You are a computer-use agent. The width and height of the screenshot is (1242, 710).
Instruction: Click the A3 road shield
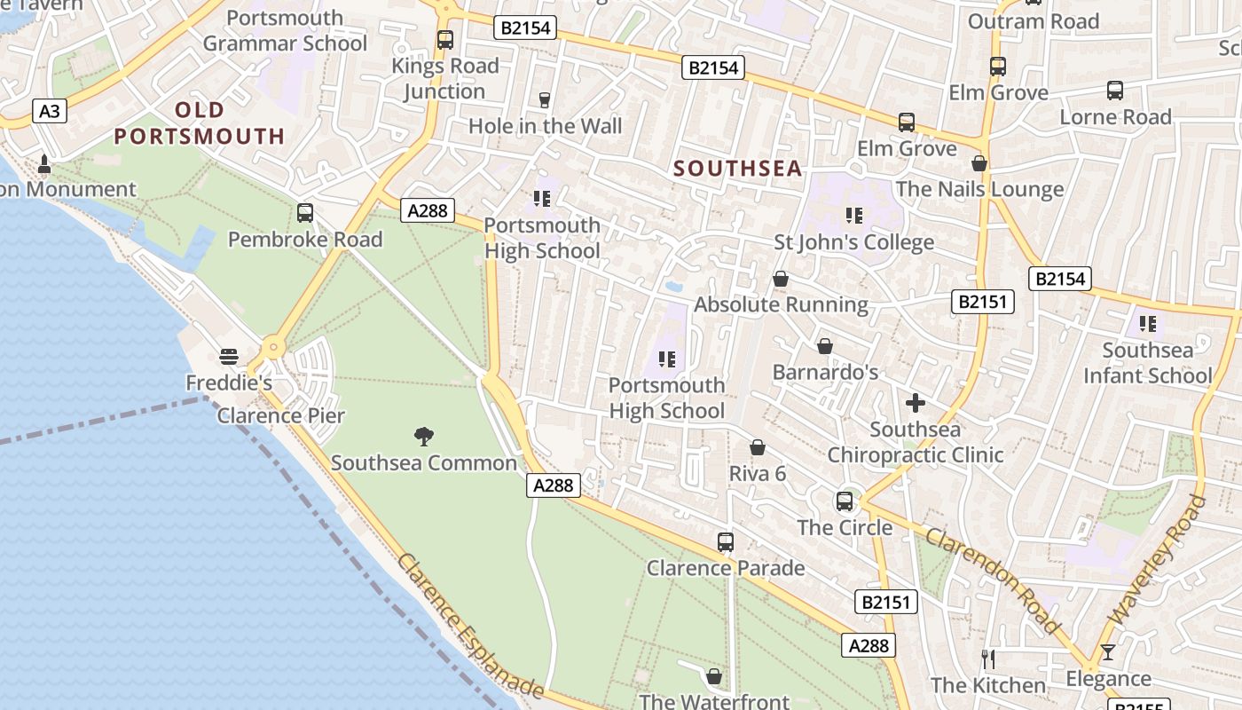51,111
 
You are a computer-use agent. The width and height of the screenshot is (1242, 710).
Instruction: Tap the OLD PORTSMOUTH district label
200,123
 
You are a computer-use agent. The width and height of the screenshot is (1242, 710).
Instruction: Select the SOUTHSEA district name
737,168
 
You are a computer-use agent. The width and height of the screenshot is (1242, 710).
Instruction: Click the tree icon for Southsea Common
424,436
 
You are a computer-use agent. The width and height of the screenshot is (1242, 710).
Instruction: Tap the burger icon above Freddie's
229,357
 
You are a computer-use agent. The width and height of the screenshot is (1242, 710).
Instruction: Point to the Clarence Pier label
281,415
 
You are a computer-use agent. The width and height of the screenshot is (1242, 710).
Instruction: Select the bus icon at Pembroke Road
305,213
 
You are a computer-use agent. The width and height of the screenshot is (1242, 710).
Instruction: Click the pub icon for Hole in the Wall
545,100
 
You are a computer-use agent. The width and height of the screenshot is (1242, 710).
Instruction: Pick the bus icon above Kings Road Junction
445,40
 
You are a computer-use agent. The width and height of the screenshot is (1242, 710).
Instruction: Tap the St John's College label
853,242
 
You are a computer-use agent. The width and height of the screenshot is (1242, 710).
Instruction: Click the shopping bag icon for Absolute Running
781,280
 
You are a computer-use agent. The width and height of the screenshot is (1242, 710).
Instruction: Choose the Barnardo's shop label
825,372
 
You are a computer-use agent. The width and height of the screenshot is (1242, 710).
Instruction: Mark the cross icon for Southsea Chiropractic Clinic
915,403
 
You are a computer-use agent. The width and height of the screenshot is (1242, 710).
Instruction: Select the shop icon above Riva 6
758,448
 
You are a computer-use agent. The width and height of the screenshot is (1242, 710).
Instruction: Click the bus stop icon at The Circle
845,501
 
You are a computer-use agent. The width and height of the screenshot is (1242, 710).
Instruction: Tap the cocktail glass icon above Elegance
1107,653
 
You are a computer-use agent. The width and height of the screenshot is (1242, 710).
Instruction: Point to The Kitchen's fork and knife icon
988,659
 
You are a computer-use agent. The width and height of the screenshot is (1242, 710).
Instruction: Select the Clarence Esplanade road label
469,626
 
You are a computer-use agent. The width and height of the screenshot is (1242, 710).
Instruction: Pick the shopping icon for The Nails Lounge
979,164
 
